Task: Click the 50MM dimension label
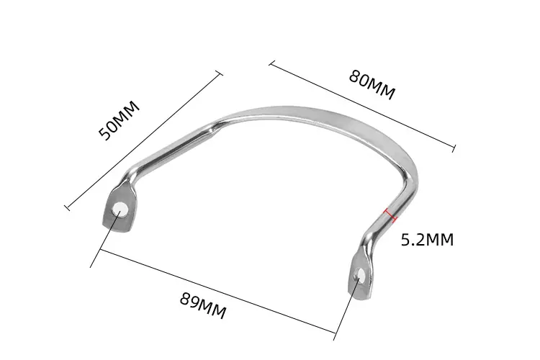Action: pyautogui.click(x=119, y=120)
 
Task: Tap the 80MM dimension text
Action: pyautogui.click(x=372, y=85)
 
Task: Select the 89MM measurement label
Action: pyautogui.click(x=203, y=305)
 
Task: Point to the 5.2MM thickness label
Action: pyautogui.click(x=428, y=240)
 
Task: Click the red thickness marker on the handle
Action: pyautogui.click(x=391, y=215)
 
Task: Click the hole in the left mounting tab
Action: pyautogui.click(x=120, y=209)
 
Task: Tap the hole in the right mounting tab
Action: pyautogui.click(x=360, y=274)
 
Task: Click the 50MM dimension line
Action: pyautogui.click(x=143, y=140)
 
